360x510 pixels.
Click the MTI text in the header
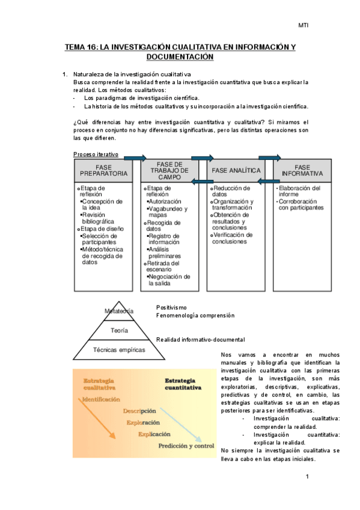click(x=304, y=25)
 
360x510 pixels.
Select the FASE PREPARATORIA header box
click(x=103, y=170)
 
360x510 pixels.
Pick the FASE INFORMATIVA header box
click(x=302, y=170)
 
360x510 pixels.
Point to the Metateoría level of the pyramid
click(x=118, y=312)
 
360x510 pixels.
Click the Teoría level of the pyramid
click(x=118, y=330)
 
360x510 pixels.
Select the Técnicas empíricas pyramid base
click(x=118, y=349)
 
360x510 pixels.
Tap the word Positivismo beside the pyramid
click(x=171, y=307)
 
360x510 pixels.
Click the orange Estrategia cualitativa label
click(x=100, y=384)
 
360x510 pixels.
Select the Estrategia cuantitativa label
click(x=183, y=384)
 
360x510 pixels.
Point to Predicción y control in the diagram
click(x=186, y=446)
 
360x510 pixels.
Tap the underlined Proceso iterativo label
click(x=96, y=155)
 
